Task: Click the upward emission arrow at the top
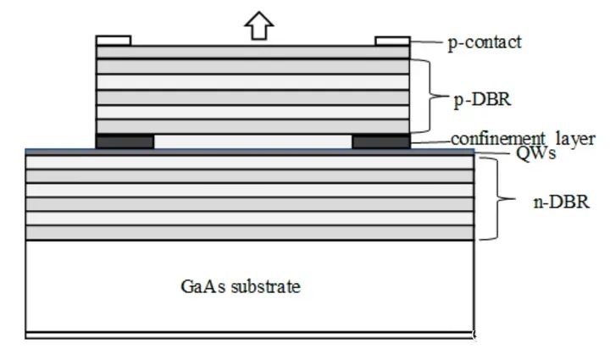point(259,25)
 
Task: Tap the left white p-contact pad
point(114,41)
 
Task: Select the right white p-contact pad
point(392,41)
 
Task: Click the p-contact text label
point(485,42)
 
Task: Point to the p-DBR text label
point(482,99)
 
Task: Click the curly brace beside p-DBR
point(427,96)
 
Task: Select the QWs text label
point(535,152)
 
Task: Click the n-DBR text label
point(562,202)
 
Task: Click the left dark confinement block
point(125,141)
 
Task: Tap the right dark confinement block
point(381,141)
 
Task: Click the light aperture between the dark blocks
point(252,141)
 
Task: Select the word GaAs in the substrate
point(203,286)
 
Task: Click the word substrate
point(266,286)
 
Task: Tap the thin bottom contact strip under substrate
point(250,335)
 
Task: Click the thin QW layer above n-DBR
point(250,152)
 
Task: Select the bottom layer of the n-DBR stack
point(250,233)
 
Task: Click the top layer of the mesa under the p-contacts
point(252,53)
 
